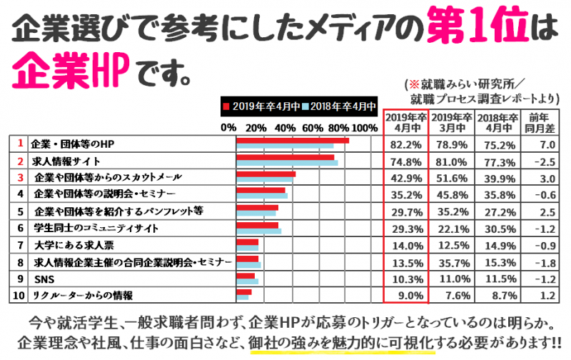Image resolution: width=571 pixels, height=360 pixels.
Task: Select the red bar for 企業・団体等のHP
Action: [x=292, y=141]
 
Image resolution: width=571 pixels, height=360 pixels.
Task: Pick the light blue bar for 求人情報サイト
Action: [x=287, y=164]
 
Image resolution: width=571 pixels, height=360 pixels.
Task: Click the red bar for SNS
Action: [x=246, y=275]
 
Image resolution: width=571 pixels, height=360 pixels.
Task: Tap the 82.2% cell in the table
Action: [x=405, y=144]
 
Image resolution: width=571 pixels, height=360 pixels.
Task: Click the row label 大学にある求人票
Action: [x=69, y=244]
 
